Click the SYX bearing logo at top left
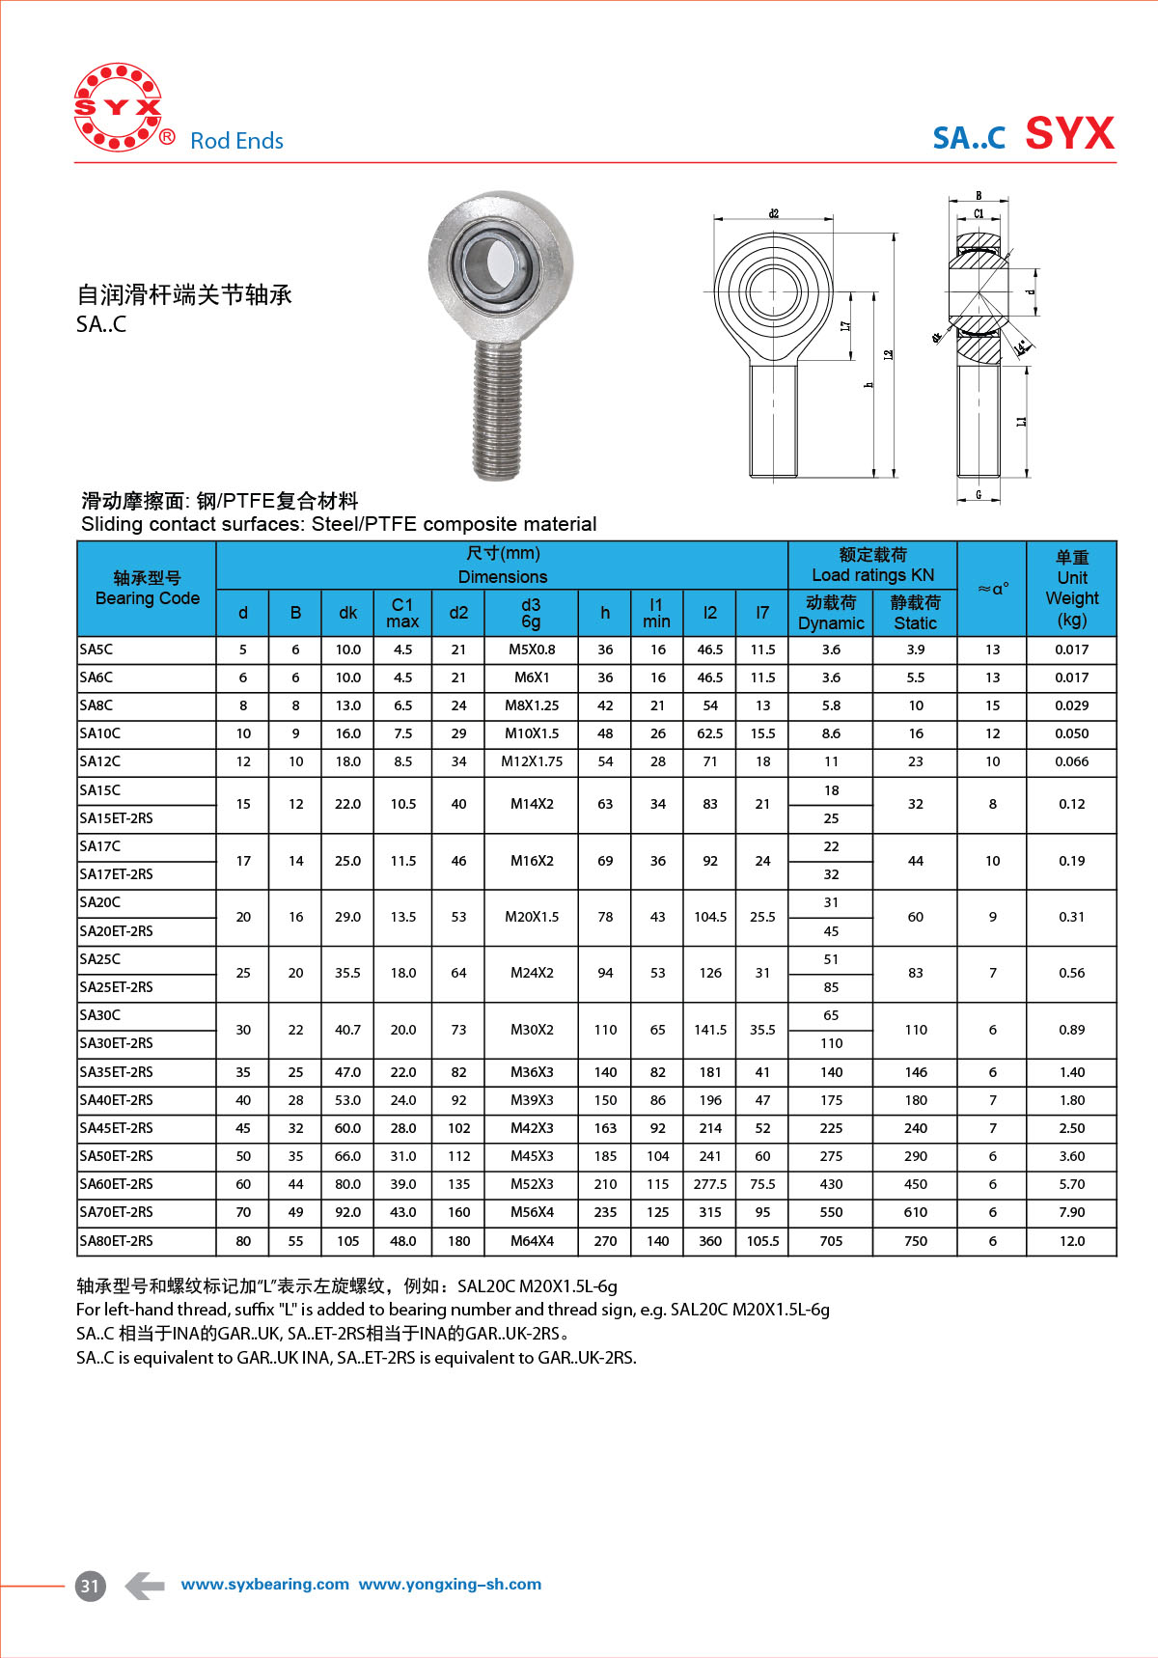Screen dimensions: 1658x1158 (118, 107)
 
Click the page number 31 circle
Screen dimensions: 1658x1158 (90, 1586)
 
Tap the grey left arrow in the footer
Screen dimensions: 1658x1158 (145, 1585)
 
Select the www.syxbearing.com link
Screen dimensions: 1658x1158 (264, 1585)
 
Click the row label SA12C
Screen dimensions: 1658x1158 (100, 761)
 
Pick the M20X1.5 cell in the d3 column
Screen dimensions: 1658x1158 (532, 917)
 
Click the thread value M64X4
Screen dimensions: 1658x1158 (532, 1241)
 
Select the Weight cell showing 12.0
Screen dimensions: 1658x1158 (1071, 1241)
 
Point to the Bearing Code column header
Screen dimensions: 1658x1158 (147, 589)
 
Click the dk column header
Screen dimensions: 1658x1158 (347, 613)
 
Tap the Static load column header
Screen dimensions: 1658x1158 (915, 613)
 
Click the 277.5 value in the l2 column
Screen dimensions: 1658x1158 (710, 1184)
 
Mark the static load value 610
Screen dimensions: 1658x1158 (915, 1212)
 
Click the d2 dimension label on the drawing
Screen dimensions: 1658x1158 (774, 213)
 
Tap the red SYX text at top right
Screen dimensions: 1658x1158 (1069, 133)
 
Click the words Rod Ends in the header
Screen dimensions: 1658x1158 (236, 141)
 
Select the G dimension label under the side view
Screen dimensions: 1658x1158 (979, 495)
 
